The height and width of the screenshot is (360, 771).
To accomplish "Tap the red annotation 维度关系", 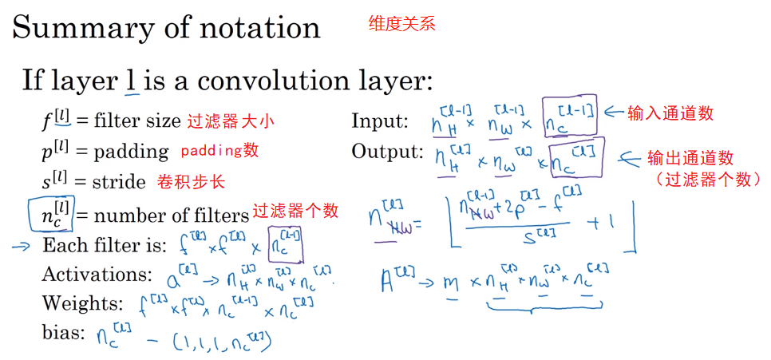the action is click(x=401, y=23).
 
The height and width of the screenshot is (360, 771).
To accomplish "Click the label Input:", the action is click(x=379, y=122).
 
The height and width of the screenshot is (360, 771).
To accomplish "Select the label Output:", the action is click(x=387, y=151).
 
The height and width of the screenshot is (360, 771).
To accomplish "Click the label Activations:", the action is click(x=97, y=275).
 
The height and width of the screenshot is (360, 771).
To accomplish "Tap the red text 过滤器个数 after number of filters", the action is click(x=295, y=212).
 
